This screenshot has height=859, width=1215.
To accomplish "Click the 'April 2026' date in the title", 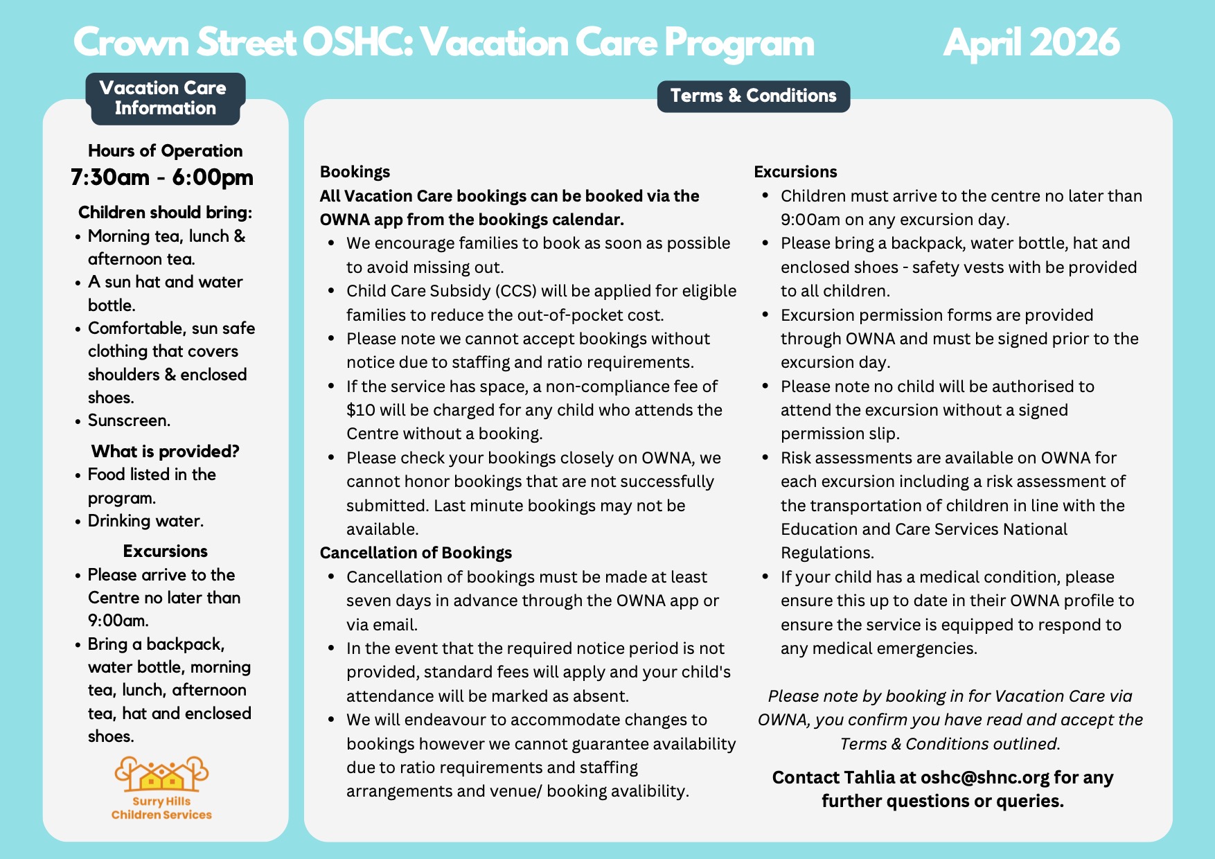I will pos(1031,42).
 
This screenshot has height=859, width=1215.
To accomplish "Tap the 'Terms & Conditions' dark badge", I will pos(753,96).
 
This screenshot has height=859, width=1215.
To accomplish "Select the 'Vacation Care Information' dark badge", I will pos(165,98).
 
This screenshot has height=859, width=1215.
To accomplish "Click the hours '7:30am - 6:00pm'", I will pos(162,177).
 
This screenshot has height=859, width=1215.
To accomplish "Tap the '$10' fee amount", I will pos(360,410).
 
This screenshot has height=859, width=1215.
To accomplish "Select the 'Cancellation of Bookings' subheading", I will pos(416,553).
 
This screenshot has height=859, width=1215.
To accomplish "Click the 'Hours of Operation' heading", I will pos(165,151).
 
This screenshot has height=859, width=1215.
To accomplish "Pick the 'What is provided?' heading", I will pos(165,452).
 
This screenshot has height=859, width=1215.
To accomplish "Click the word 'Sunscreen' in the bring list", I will pos(127,420).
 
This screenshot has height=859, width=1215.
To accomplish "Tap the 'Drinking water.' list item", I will pos(145,521).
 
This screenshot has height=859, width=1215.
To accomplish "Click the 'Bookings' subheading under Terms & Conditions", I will pos(355,172).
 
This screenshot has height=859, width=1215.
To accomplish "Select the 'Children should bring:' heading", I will pos(165,212).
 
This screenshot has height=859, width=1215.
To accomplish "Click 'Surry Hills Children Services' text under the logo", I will pos(161,808).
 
